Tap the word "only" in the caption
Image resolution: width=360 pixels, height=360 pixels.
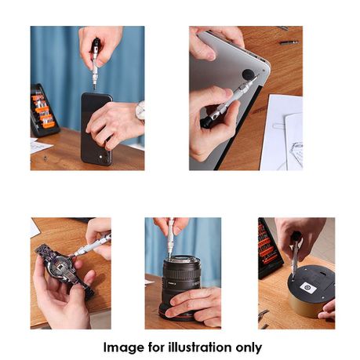pyautogui.click(x=249, y=348)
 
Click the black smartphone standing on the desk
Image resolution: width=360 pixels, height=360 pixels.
pyautogui.click(x=96, y=129)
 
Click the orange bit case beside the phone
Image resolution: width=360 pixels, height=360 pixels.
pyautogui.click(x=43, y=110)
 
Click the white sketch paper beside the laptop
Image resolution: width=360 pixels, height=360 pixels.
pyautogui.click(x=282, y=133)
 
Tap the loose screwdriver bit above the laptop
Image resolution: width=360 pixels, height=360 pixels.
pyautogui.click(x=289, y=42)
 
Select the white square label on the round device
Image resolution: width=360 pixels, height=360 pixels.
pyautogui.click(x=308, y=287)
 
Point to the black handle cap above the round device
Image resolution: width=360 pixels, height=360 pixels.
pyautogui.click(x=296, y=236)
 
